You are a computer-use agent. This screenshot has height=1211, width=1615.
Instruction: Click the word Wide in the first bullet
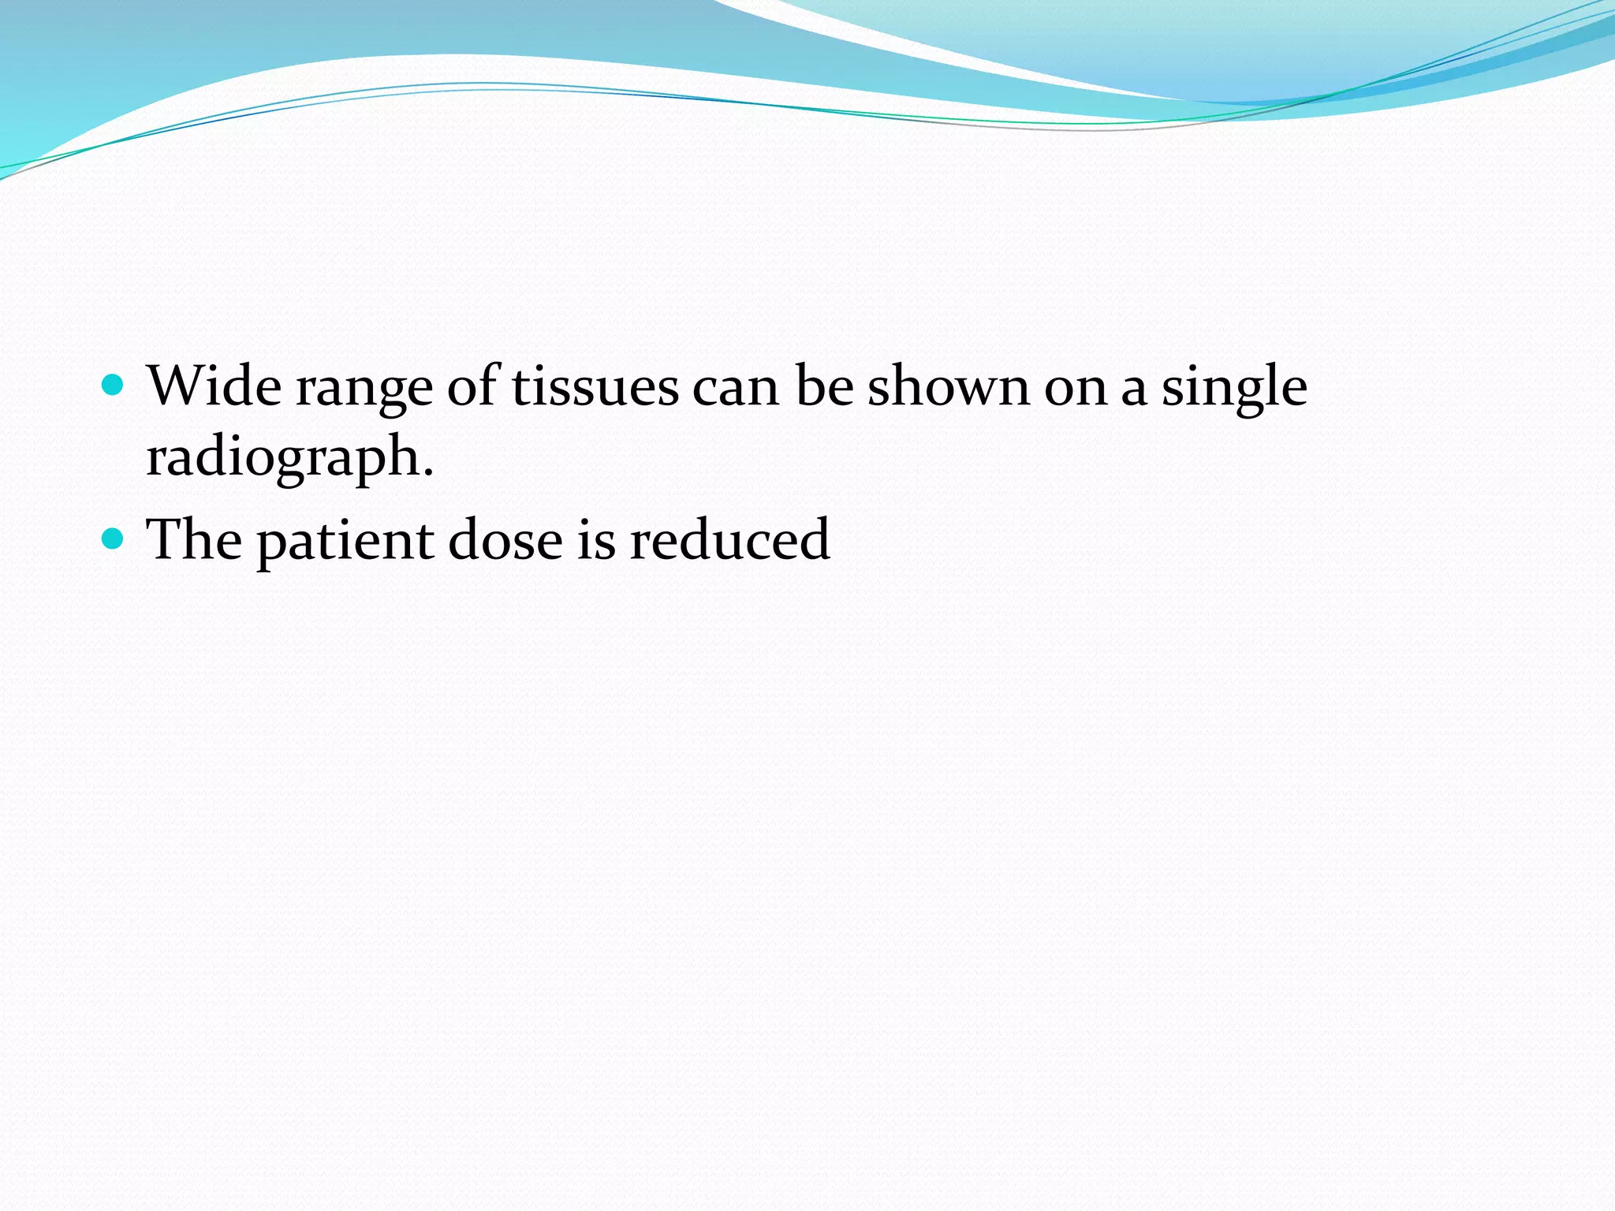[214, 386]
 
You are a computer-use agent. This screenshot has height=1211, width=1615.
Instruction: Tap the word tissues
[595, 386]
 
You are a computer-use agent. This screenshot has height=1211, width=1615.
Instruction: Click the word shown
[949, 386]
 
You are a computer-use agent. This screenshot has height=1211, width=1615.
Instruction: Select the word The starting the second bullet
[194, 539]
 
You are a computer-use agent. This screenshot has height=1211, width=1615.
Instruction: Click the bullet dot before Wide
[114, 386]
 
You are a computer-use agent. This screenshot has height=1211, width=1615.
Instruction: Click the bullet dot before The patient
[114, 538]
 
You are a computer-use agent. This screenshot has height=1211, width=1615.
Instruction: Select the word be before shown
[824, 386]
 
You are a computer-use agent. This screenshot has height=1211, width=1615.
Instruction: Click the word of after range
[472, 386]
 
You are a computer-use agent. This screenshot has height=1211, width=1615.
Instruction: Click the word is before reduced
[596, 539]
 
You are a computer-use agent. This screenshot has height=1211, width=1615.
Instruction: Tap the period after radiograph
[428, 474]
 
